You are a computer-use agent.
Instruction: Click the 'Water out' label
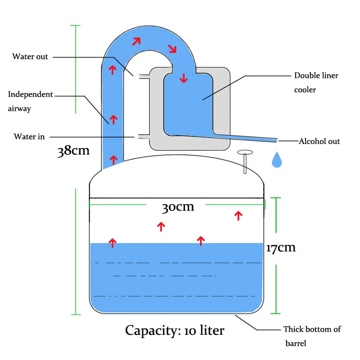30,57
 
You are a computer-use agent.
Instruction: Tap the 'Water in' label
29,137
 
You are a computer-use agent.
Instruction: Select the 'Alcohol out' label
319,141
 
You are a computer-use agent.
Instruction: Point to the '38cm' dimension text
73,151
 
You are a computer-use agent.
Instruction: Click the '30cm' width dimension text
178,207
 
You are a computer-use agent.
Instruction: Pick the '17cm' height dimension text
281,248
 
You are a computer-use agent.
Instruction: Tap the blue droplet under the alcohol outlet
277,160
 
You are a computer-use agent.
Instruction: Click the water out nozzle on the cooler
144,76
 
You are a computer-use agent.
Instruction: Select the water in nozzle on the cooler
144,137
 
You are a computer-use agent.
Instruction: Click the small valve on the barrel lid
245,162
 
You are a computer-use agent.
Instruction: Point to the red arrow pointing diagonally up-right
136,41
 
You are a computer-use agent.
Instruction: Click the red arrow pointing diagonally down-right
172,49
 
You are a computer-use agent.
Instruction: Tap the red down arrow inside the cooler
184,78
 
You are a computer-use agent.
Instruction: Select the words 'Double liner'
316,76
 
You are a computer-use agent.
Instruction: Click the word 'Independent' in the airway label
31,94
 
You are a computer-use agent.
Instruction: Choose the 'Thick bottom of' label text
312,329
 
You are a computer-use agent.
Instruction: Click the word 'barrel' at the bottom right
296,343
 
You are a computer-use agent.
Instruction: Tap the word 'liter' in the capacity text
212,330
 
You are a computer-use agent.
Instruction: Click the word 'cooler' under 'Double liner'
305,90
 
